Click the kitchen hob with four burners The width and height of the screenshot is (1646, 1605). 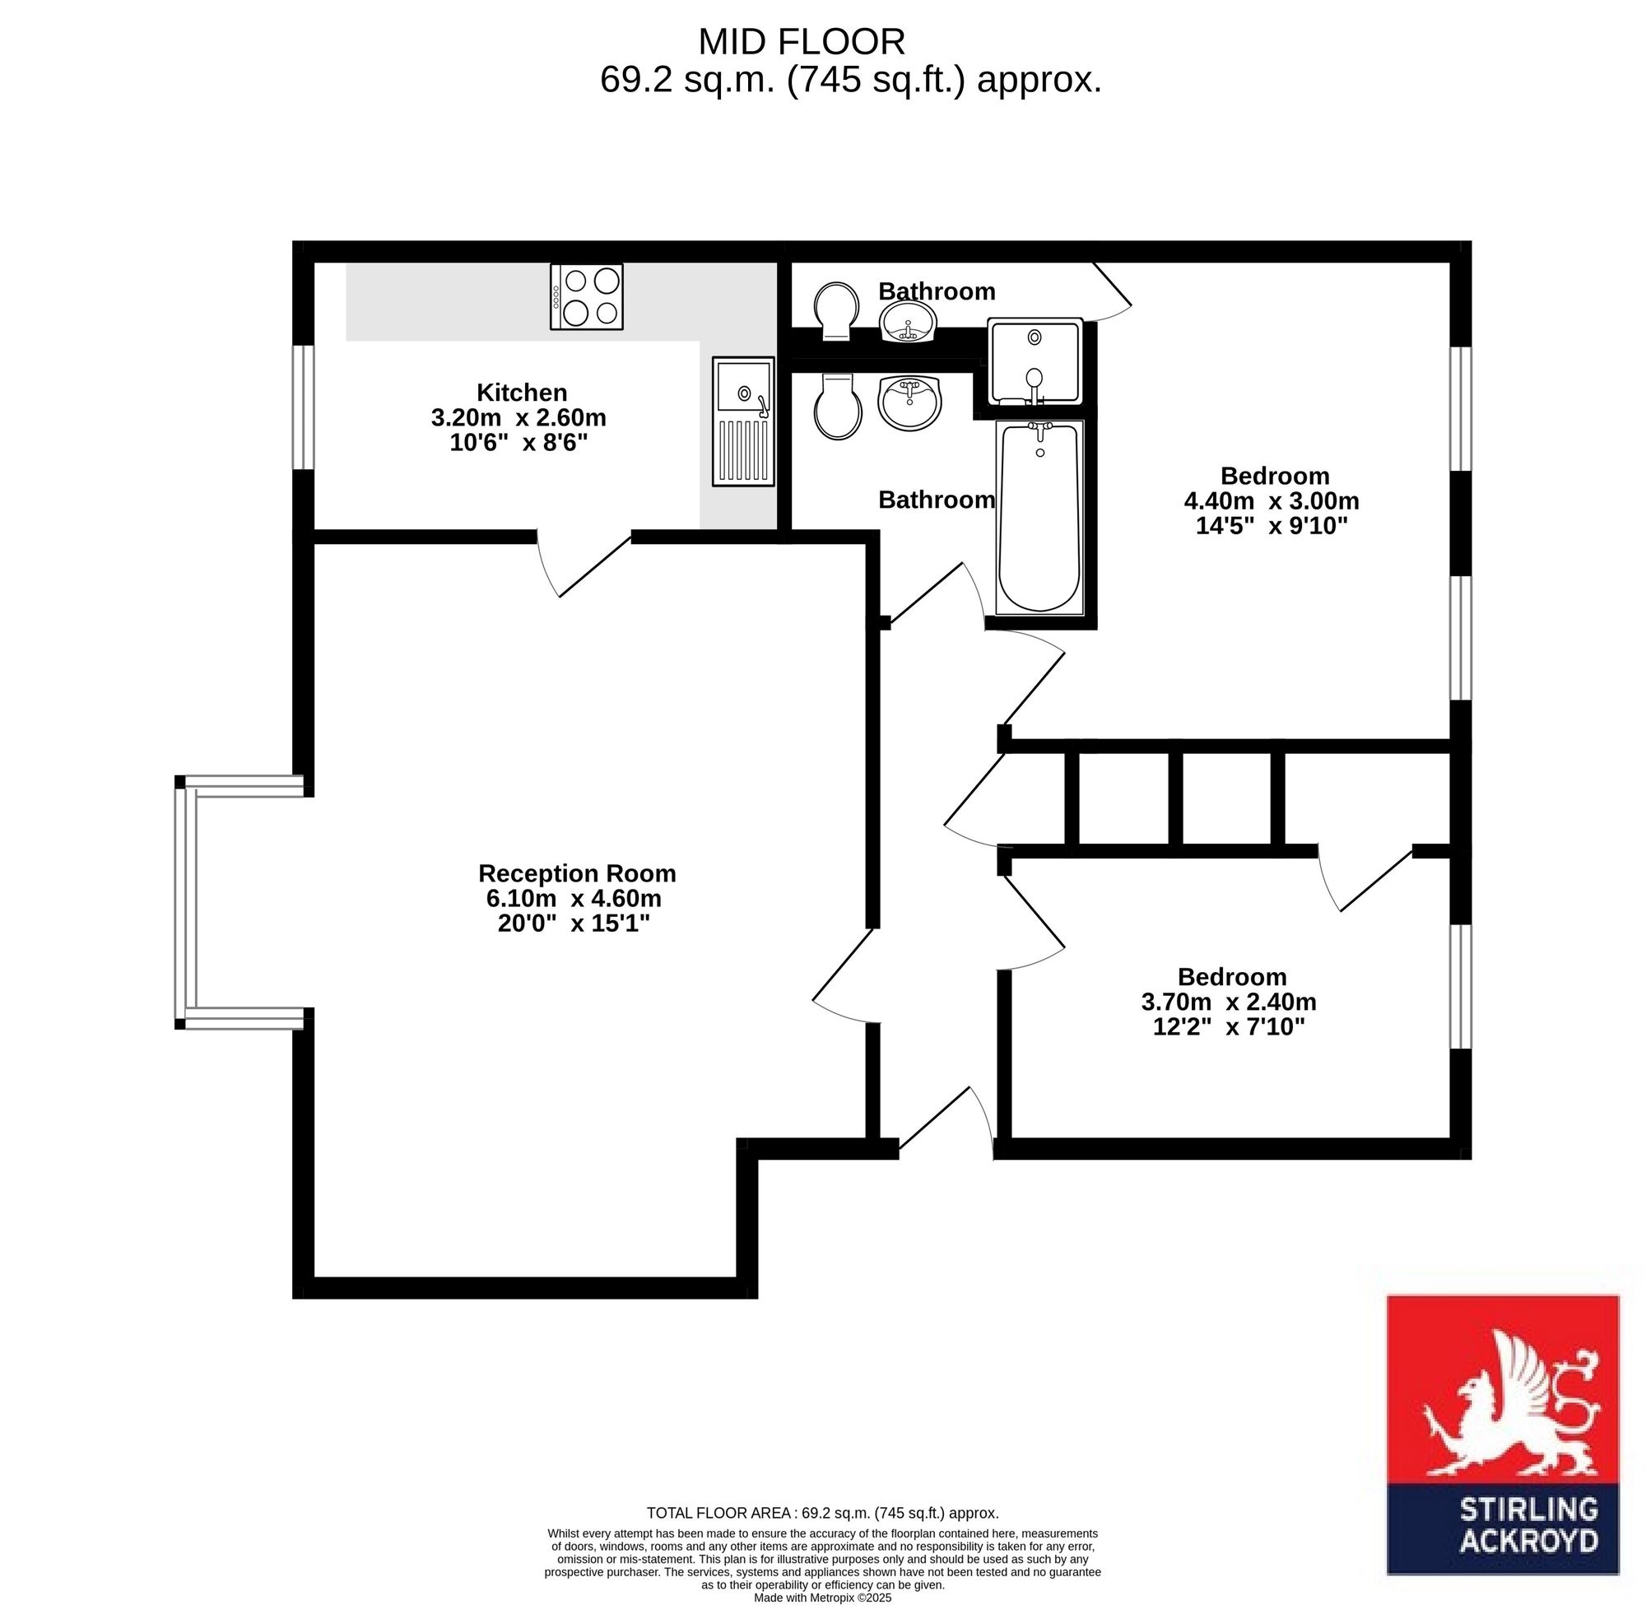587,297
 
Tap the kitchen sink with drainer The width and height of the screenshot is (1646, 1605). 743,421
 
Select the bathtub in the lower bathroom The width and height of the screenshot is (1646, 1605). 1039,518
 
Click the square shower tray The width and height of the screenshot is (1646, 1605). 1035,361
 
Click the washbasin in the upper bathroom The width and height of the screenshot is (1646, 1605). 908,321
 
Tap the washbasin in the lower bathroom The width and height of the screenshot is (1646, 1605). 909,402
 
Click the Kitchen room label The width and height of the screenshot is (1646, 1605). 522,392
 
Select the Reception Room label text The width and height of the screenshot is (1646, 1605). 577,872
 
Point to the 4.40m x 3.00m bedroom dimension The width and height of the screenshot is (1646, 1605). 1272,500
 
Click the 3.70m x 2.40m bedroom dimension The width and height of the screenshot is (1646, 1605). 1229,1002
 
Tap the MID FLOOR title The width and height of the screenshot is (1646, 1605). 802,41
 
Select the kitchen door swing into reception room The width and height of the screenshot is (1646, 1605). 584,564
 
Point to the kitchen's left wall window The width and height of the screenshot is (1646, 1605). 304,407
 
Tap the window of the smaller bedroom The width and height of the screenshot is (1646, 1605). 1461,986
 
